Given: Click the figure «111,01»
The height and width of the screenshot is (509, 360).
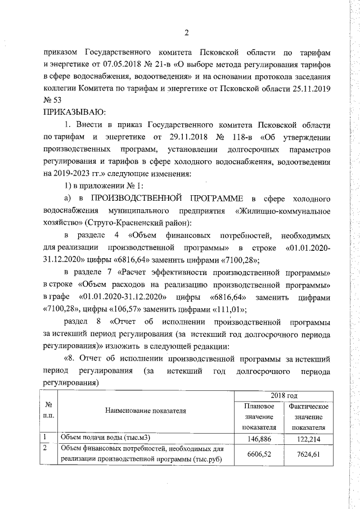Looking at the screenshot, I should point(227,309).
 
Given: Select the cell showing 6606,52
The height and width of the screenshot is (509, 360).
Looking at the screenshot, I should point(259,454).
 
